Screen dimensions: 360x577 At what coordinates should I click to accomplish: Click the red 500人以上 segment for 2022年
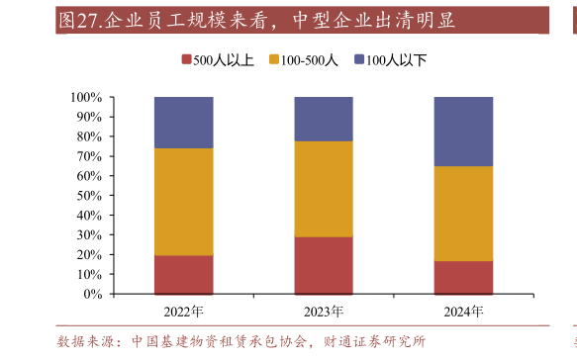point(183,274)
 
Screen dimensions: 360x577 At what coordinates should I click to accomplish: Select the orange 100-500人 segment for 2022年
point(183,202)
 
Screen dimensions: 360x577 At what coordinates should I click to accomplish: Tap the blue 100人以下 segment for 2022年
point(183,123)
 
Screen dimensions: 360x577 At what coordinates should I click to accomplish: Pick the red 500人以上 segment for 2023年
point(324,265)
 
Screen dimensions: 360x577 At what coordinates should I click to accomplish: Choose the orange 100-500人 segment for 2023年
point(324,189)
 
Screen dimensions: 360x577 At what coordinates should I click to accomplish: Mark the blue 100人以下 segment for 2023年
point(324,119)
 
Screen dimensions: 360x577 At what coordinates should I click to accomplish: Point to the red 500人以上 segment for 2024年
point(463,277)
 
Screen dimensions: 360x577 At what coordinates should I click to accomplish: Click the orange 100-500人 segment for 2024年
point(463,214)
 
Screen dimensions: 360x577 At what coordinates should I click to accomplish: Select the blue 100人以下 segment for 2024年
point(463,132)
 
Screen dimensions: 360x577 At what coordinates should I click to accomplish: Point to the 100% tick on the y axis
point(86,97)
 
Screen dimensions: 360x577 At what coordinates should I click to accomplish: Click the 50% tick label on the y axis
point(89,196)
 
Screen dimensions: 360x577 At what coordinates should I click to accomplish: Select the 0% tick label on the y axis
point(92,294)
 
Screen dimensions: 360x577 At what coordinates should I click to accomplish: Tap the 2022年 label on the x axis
point(183,312)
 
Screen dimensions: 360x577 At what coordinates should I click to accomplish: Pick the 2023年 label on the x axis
point(324,312)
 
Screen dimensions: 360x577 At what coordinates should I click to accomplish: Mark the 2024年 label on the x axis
point(463,312)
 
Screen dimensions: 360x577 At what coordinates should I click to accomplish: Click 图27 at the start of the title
point(78,21)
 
